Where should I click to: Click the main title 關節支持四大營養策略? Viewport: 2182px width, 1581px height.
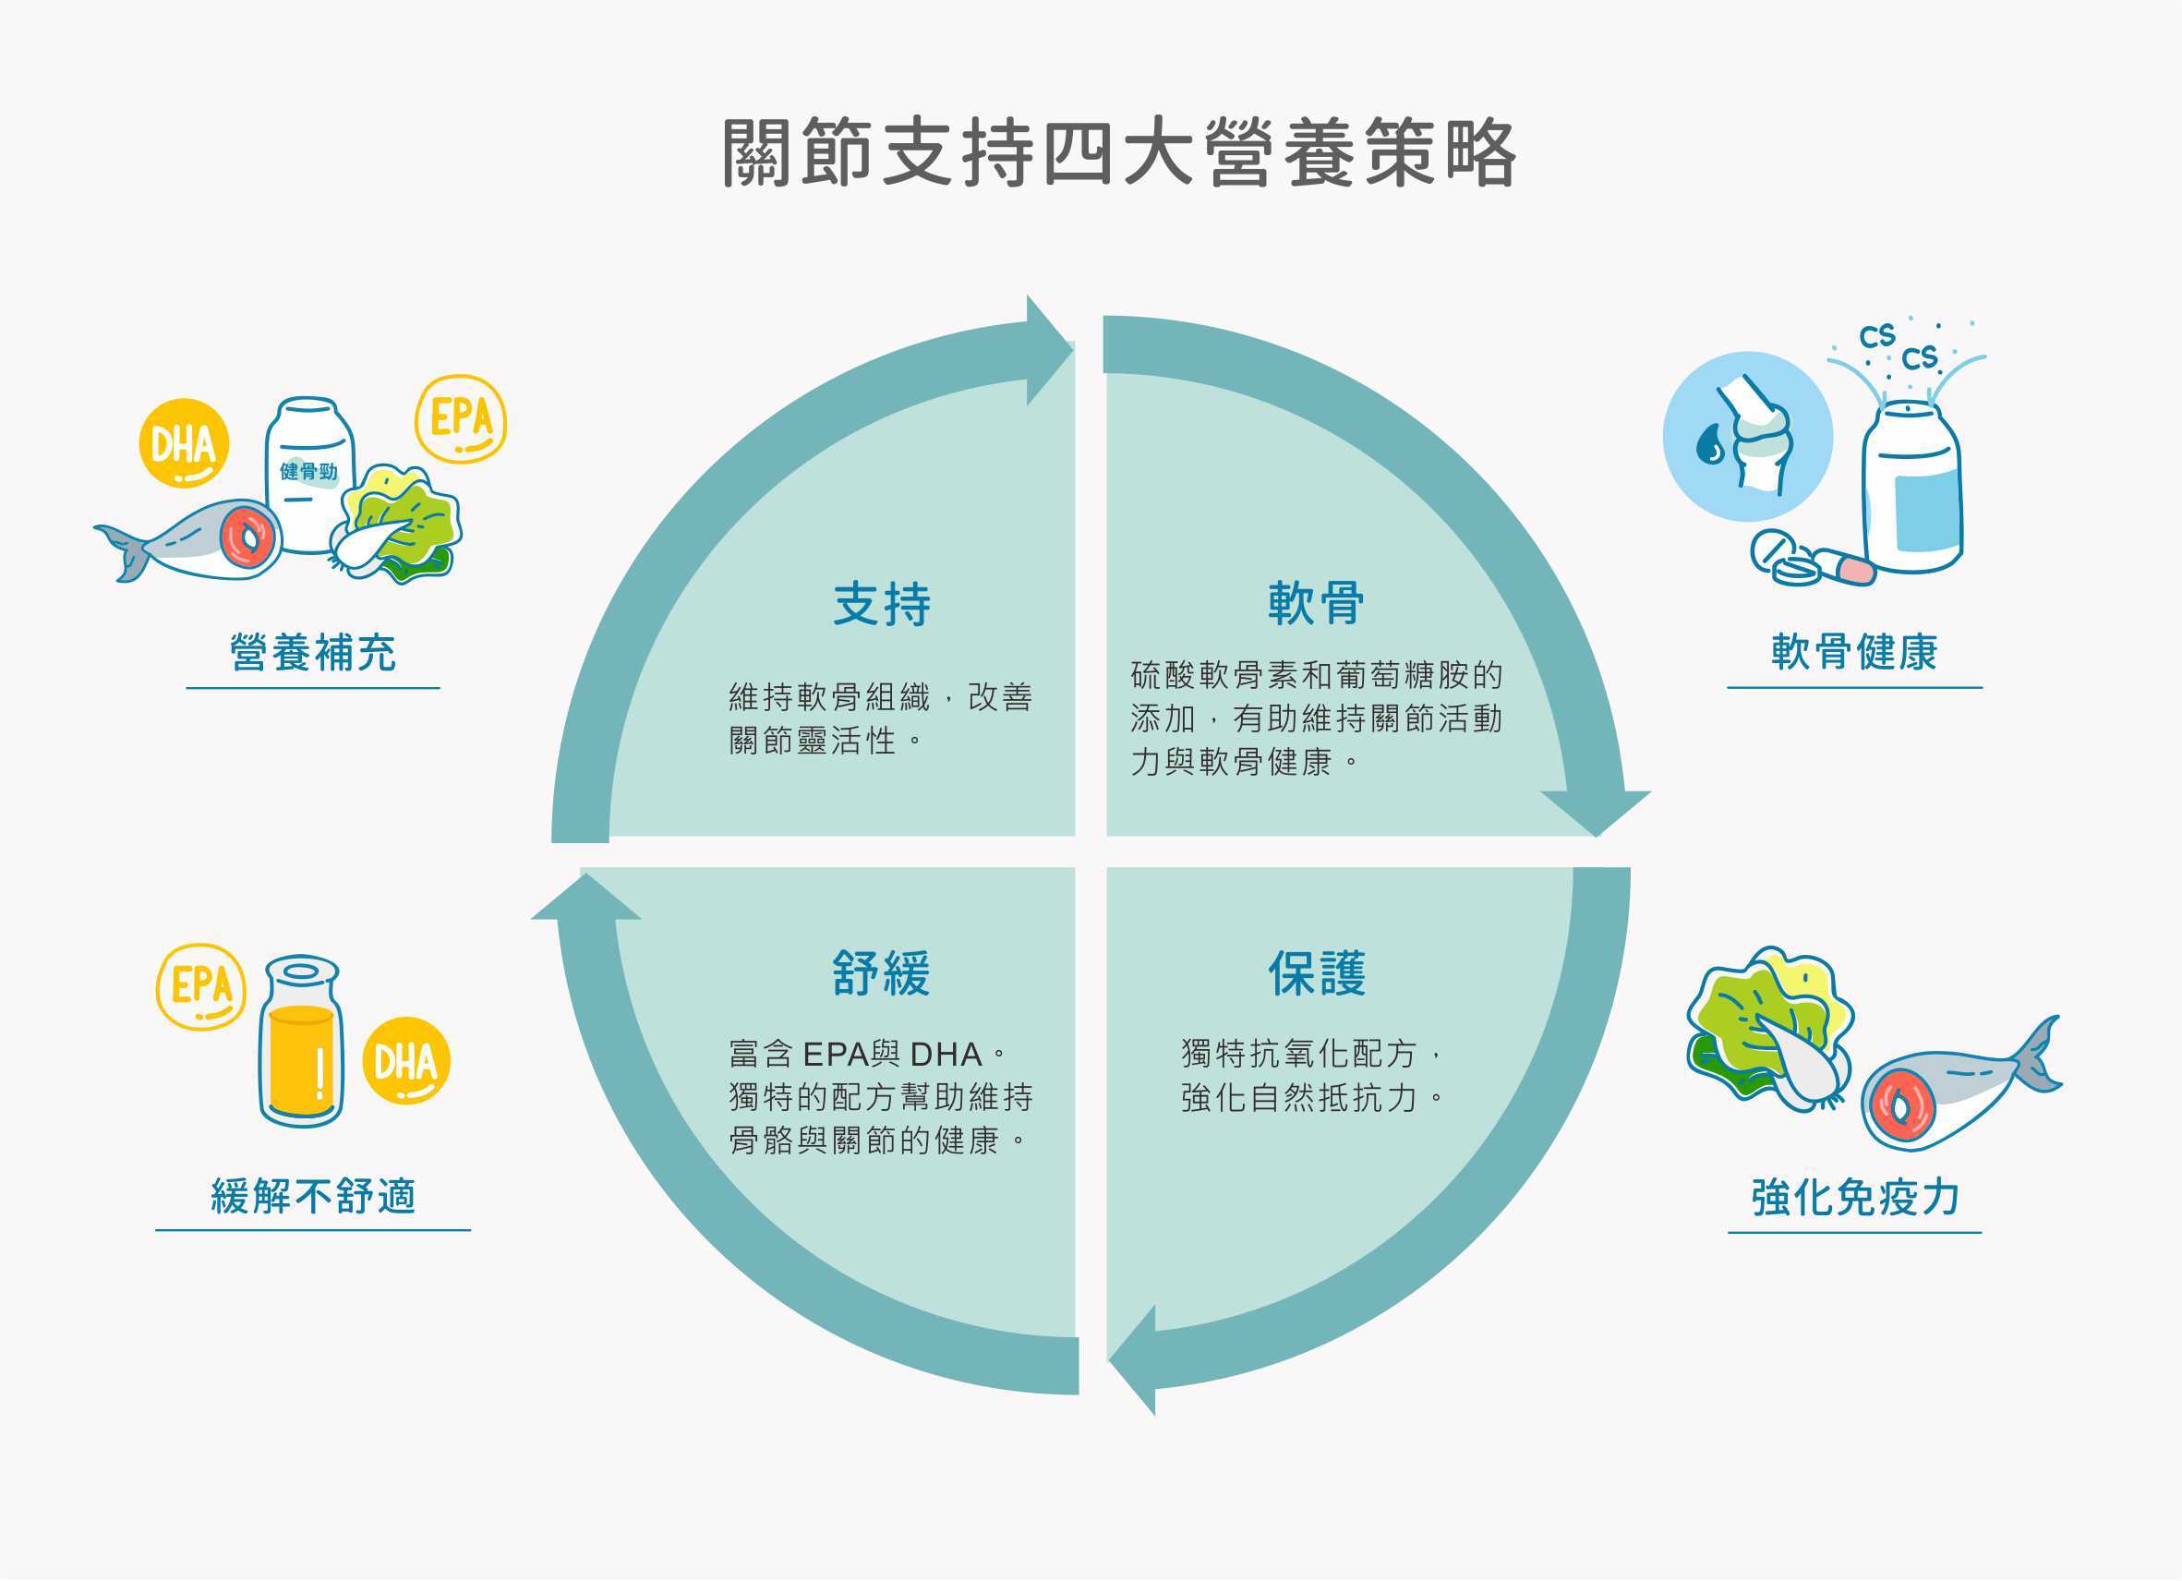pos(1119,154)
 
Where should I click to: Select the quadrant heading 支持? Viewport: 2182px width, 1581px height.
pos(881,604)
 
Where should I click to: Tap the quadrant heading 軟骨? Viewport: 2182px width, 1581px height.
pos(1315,603)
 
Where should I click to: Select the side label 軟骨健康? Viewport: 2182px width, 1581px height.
pos(1854,652)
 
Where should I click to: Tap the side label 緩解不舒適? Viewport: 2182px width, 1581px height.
pos(313,1196)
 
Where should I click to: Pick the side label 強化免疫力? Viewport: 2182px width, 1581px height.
pos(1855,1197)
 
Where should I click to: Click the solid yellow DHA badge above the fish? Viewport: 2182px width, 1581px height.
pos(184,443)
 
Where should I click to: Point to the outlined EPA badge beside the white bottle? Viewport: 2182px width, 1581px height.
pos(461,418)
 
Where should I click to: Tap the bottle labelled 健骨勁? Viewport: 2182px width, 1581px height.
pos(308,475)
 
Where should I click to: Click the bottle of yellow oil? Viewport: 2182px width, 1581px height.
pos(301,1042)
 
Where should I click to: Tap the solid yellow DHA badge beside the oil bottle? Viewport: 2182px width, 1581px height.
pos(406,1060)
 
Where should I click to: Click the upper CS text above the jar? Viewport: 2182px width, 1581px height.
pos(1876,336)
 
